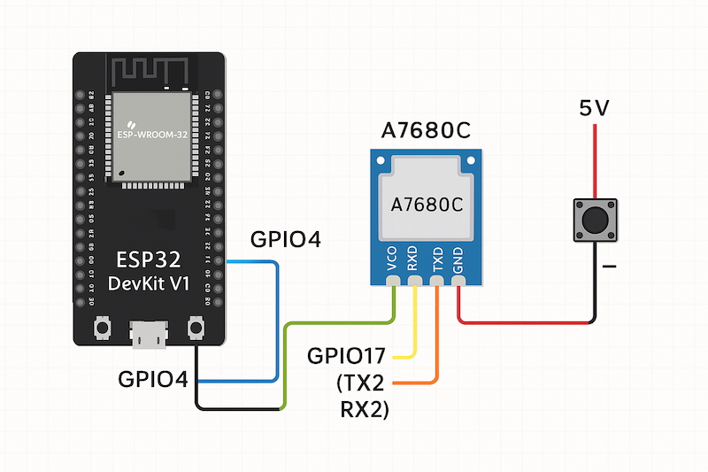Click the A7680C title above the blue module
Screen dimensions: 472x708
pyautogui.click(x=426, y=132)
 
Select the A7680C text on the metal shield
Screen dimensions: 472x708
pyautogui.click(x=427, y=204)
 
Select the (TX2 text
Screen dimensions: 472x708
pyautogui.click(x=361, y=383)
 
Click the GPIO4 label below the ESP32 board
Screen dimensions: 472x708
pyautogui.click(x=153, y=380)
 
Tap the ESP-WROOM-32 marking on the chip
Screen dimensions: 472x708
pyautogui.click(x=151, y=135)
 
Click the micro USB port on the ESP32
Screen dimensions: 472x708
pyautogui.click(x=148, y=334)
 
